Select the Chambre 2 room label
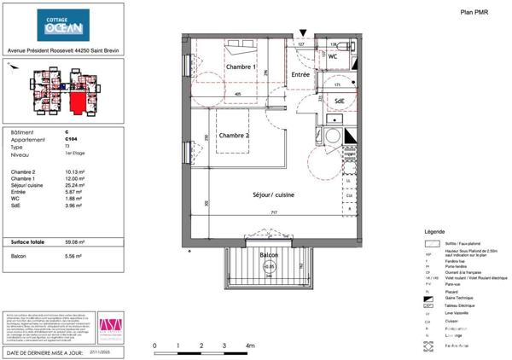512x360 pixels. [x=234, y=135]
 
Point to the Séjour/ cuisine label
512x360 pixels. [x=274, y=195]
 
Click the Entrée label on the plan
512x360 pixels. [x=300, y=75]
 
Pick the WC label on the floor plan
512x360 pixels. [x=334, y=57]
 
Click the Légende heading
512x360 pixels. [x=434, y=232]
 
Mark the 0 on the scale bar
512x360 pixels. [x=154, y=346]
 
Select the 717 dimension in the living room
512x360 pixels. [x=273, y=213]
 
